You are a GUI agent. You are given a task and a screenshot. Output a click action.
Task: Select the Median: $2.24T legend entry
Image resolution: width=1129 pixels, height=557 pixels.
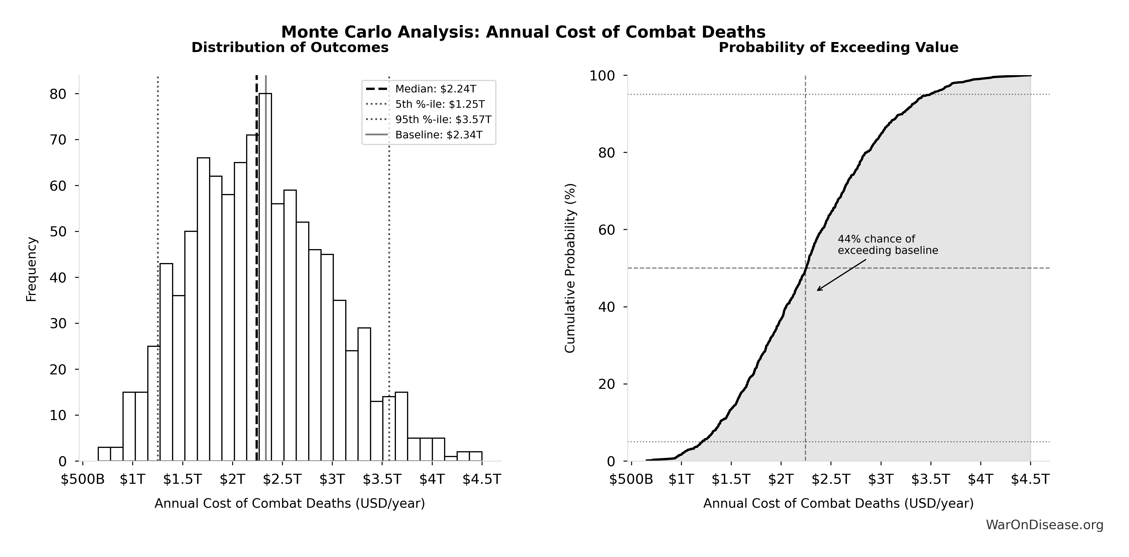tap(435, 89)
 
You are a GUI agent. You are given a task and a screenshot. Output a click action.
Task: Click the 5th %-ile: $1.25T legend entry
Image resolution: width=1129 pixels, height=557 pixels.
tap(440, 104)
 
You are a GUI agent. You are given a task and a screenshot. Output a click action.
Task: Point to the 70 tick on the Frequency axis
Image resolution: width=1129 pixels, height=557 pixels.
tap(58, 140)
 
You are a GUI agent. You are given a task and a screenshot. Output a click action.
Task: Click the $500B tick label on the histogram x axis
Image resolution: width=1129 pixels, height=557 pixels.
tap(83, 479)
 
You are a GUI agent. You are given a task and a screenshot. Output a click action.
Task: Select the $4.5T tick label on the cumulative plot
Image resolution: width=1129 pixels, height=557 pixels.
tap(1030, 479)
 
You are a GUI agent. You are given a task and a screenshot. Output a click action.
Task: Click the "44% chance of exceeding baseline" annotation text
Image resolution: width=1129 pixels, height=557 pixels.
tap(888, 244)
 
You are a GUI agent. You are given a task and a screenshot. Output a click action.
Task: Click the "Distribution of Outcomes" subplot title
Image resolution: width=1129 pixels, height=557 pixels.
tap(290, 47)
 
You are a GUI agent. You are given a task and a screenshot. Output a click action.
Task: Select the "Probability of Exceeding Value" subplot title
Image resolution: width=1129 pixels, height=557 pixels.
tap(838, 47)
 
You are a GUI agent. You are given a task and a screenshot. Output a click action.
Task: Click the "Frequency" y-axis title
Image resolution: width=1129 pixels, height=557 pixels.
tap(31, 269)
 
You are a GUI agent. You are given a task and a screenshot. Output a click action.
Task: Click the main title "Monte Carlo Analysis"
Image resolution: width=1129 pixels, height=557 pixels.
tap(523, 32)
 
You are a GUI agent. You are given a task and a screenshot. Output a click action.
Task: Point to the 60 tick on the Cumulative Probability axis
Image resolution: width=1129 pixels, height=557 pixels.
tap(607, 230)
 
